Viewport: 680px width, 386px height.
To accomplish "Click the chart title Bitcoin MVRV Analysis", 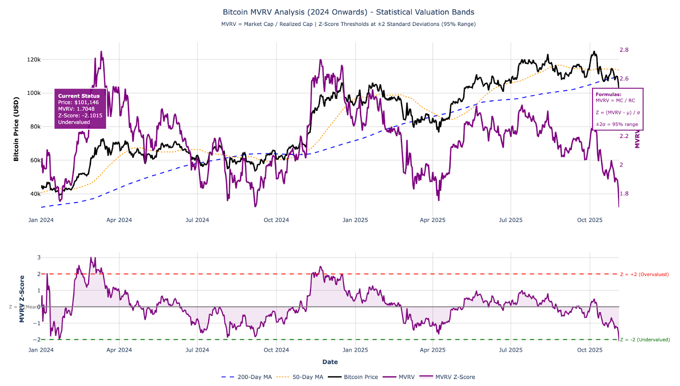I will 348,12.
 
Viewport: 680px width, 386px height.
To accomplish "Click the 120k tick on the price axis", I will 34,59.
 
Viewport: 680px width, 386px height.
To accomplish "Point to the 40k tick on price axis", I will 35,194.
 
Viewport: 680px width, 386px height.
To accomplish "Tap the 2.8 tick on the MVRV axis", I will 624,50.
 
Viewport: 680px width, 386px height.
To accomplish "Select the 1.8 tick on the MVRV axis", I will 624,194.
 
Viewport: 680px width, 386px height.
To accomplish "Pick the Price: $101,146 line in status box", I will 78,102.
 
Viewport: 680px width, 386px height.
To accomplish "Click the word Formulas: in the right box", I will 608,95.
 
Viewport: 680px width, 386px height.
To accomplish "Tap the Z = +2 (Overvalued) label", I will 644,274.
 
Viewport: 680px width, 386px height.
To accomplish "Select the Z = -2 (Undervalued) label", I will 645,340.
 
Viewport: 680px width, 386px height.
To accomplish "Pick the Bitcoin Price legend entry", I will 360,377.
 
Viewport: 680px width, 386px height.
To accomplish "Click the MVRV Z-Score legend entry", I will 455,377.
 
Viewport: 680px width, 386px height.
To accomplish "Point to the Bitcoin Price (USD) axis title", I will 16,129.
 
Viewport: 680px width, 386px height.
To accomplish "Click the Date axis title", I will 330,362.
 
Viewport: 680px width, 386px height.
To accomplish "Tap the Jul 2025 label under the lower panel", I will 510,350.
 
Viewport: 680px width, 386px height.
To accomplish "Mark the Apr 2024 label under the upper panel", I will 119,220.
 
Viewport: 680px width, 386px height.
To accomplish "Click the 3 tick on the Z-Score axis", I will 39,257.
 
